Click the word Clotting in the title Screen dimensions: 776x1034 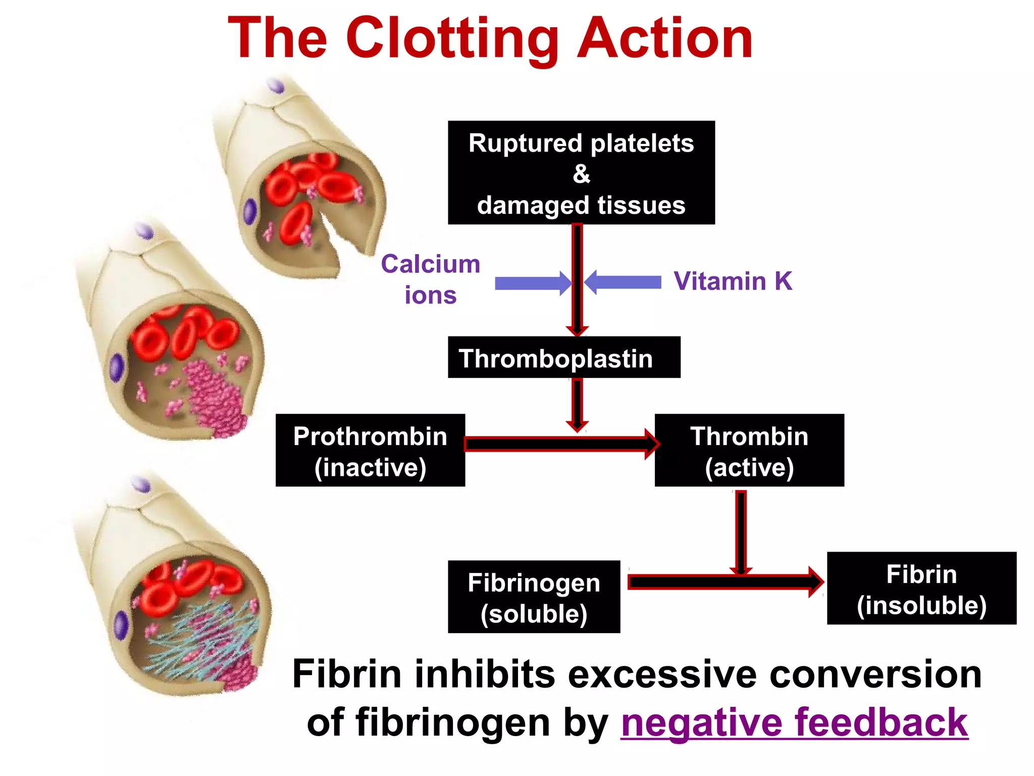click(x=452, y=39)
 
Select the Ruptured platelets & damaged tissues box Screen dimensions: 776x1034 click(x=581, y=172)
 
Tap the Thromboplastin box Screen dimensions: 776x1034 click(x=563, y=358)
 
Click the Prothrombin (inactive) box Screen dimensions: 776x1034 click(x=370, y=450)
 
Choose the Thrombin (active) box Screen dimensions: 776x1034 click(x=749, y=450)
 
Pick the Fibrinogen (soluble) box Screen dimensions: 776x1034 click(x=534, y=597)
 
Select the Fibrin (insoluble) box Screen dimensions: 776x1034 click(x=921, y=589)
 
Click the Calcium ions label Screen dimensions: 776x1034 click(x=430, y=279)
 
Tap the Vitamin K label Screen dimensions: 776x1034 click(x=733, y=281)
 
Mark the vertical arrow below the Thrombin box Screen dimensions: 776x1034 click(x=741, y=530)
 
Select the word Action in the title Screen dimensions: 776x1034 click(x=664, y=39)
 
